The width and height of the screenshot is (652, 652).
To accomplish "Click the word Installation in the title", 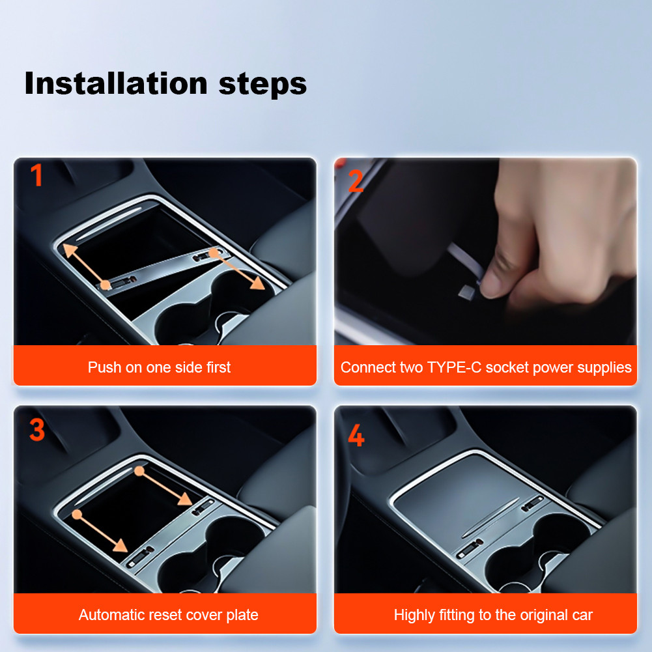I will click(x=114, y=84).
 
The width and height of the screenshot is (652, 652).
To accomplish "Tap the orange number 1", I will click(x=37, y=176).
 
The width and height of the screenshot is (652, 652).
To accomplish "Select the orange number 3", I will click(x=37, y=429).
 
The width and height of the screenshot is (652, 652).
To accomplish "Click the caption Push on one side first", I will click(x=159, y=367).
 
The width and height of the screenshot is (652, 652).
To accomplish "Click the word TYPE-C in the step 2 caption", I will click(x=454, y=367).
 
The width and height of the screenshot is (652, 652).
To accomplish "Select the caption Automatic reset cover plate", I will click(x=168, y=615).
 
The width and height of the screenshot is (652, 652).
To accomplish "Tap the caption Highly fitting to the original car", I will click(x=493, y=615).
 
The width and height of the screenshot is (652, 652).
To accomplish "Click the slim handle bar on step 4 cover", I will click(x=485, y=526).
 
